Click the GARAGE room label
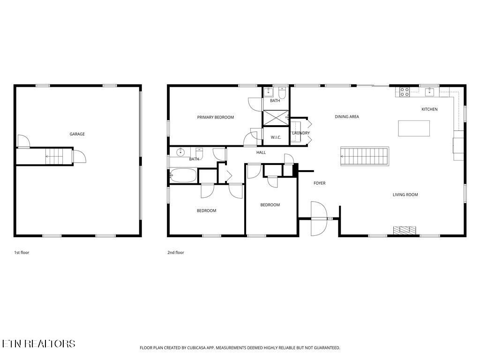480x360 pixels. (x=77, y=134)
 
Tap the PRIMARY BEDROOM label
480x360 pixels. (x=215, y=117)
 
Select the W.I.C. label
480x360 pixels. (x=276, y=137)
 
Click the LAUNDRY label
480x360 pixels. (x=301, y=133)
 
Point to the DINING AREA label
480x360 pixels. (x=347, y=117)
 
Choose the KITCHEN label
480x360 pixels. (x=429, y=109)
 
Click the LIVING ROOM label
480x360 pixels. (x=405, y=195)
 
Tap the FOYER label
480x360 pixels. (x=319, y=183)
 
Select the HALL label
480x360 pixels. (x=261, y=152)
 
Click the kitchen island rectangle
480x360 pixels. (x=414, y=128)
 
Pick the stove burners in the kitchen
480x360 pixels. (x=404, y=91)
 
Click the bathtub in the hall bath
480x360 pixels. (x=183, y=176)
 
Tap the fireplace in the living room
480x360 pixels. (x=405, y=230)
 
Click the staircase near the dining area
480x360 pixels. (x=365, y=156)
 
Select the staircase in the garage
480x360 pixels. (x=53, y=155)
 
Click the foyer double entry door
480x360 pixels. (x=318, y=218)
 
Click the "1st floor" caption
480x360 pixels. (x=22, y=253)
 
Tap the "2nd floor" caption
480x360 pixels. (x=176, y=253)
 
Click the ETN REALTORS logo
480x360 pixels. (x=38, y=344)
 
